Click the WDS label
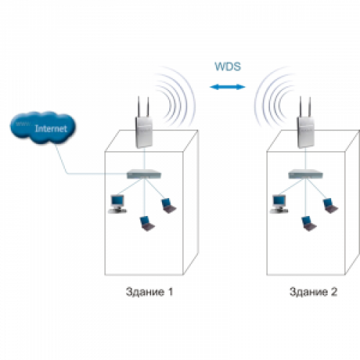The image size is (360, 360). tap(228, 66)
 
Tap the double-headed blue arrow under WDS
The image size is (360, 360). tap(228, 87)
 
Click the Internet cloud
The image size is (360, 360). tap(42, 127)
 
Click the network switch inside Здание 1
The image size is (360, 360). tap(144, 174)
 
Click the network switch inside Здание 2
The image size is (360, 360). tap(306, 174)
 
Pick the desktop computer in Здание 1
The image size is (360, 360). tap(117, 204)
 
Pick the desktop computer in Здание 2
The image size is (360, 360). tap(279, 204)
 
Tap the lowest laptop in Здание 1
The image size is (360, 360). tap(147, 223)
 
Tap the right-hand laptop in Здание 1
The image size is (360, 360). tap(168, 206)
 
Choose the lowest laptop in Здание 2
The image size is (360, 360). tap(309, 223)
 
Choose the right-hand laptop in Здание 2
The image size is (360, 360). tap(330, 206)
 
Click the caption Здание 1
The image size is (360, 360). tap(149, 292)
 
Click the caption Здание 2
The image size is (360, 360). tap(313, 292)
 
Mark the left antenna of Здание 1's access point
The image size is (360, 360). tap(138, 107)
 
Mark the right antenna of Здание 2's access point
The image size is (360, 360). tap(310, 107)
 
